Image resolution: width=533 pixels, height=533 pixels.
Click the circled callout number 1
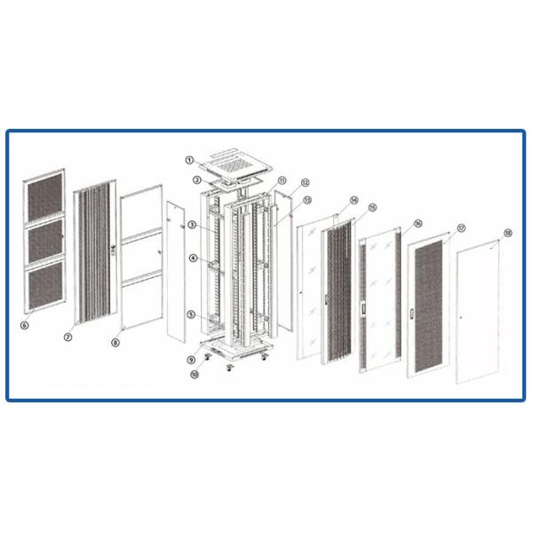pos(189,160)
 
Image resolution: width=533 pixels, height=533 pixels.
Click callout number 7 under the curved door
pos(68,338)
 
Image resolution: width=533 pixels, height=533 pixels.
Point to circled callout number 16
pos(418,223)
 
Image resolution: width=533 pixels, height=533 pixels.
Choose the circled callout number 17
pos(461,228)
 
